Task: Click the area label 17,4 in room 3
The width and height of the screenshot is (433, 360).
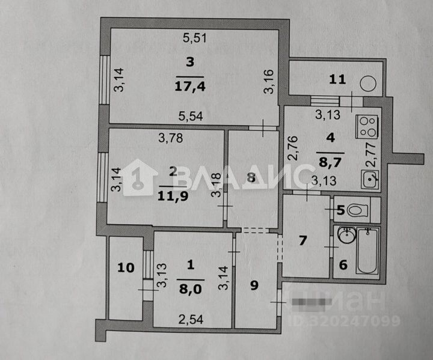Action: click(190, 86)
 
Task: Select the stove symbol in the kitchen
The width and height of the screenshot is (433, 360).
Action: click(367, 126)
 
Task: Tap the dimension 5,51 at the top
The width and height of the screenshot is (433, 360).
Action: click(195, 39)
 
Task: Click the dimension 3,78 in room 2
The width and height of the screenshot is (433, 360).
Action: click(170, 139)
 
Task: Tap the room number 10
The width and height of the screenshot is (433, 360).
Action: click(126, 268)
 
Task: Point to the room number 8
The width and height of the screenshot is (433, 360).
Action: click(251, 177)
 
